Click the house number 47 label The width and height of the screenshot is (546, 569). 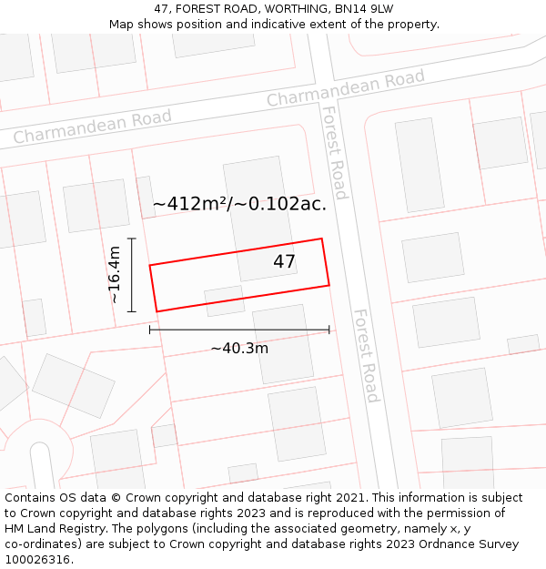284,262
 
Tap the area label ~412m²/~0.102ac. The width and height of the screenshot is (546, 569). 239,204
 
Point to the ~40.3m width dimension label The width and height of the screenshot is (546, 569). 239,348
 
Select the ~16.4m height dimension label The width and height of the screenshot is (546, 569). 114,275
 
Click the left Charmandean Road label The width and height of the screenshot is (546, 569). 92,127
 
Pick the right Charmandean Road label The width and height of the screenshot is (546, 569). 345,89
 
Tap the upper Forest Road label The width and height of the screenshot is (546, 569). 335,152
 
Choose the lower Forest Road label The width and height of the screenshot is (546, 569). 366,355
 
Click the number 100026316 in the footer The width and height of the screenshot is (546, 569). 37,559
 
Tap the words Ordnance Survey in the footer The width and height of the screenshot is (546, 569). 473,544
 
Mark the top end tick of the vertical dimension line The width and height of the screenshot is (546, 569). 132,239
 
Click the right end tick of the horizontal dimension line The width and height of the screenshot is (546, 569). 329,330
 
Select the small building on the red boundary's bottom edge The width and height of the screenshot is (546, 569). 224,300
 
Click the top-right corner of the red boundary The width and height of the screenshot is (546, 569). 322,239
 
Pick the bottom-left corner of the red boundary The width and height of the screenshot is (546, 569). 157,311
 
